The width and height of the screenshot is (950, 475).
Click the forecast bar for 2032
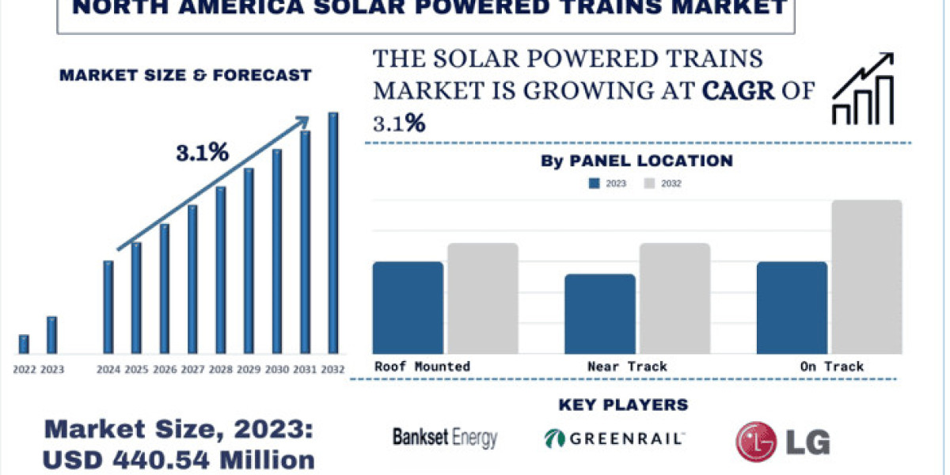pos(333,233)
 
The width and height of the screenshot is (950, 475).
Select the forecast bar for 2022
pos(24,344)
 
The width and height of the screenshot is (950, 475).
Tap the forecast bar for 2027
pos(192,279)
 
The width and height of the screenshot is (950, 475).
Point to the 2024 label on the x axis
pos(108,369)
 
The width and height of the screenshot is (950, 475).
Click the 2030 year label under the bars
pos(277,369)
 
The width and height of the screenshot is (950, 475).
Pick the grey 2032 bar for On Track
pos(867,277)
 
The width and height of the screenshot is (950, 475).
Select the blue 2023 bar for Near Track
pos(600,313)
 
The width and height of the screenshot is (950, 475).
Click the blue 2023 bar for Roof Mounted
pos(408,307)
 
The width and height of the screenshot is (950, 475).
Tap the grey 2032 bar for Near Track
pos(674,298)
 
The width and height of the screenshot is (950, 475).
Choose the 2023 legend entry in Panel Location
pos(607,184)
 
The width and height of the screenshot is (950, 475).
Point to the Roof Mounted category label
pos(422,367)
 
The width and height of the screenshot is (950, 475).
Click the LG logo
pos(782,441)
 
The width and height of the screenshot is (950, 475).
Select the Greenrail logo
pos(614,438)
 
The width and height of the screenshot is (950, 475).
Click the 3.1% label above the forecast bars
pos(202,154)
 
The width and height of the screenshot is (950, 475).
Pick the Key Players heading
pos(623,405)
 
